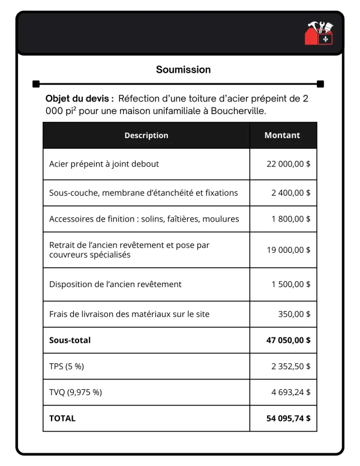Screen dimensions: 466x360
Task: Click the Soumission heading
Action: [183, 70]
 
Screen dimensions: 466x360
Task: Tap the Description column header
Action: [146, 136]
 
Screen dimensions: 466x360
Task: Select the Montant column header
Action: [282, 136]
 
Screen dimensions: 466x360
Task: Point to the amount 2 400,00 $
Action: [290, 193]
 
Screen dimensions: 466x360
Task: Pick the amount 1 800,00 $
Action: [290, 219]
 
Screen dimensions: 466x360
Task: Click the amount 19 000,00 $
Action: [288, 250]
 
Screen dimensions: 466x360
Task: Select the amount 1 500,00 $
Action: [290, 284]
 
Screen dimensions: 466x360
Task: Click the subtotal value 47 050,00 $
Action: [288, 340]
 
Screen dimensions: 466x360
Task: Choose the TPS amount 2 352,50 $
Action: [290, 366]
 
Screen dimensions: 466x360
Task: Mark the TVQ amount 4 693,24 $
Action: [290, 392]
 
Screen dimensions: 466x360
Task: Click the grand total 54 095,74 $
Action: [288, 419]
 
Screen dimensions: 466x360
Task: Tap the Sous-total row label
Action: [70, 340]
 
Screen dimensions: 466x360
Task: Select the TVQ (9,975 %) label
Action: [76, 392]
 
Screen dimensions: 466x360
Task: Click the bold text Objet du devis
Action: [79, 98]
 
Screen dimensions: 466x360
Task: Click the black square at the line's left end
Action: [36, 84]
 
